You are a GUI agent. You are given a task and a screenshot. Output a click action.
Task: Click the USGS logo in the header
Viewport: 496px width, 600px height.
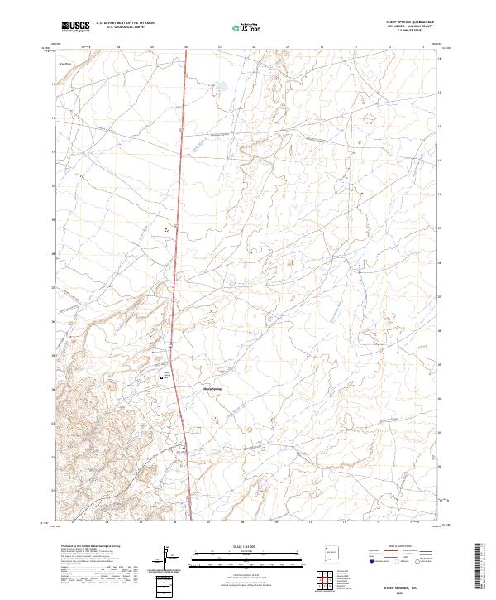coord(75,26)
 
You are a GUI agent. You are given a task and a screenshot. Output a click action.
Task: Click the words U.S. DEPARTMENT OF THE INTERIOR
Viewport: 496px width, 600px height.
coord(125,23)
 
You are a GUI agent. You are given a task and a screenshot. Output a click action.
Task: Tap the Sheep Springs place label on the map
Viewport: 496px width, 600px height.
coord(212,389)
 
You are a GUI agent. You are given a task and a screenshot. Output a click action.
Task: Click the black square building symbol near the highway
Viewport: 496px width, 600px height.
coord(162,378)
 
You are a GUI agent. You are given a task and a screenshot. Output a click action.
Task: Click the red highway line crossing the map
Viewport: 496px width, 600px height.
coord(178,248)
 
